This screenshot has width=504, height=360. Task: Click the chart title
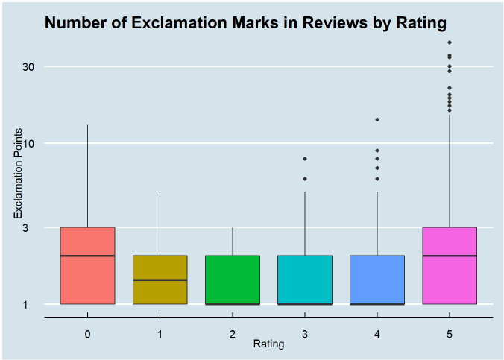[x=245, y=23]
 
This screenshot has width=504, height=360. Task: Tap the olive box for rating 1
[x=160, y=291]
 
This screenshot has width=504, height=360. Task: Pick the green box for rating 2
[x=233, y=279]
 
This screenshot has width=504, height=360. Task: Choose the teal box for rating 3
[x=305, y=279]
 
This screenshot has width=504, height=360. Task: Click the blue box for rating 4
[x=377, y=279]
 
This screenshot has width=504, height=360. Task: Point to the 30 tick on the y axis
[x=29, y=66]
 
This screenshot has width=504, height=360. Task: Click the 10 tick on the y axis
[x=29, y=143]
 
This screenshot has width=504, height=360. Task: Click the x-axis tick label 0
[x=87, y=334]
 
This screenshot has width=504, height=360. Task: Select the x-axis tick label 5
[x=450, y=334]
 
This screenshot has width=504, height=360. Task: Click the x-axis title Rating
[x=268, y=344]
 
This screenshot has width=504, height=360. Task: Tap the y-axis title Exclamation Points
[x=18, y=183]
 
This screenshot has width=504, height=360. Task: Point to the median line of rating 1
[x=160, y=280]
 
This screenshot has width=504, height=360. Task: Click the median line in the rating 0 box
[x=87, y=256]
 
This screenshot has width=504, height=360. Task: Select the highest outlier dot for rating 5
[x=450, y=42]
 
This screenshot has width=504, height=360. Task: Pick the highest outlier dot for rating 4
[x=377, y=119]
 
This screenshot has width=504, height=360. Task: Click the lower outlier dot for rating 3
[x=305, y=179]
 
